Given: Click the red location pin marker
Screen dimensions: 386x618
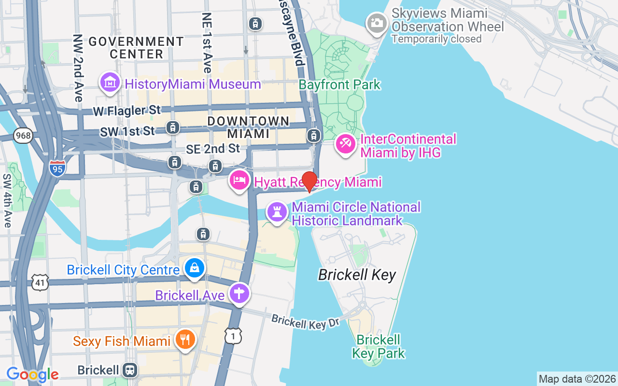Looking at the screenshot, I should [x=309, y=181].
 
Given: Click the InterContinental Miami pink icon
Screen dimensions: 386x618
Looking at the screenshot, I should [x=346, y=144].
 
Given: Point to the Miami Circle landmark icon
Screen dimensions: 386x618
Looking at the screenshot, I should [x=277, y=213].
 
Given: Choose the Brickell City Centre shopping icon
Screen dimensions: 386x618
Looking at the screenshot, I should [x=195, y=268].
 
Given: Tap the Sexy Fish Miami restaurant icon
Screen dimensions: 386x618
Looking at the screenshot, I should [x=184, y=340].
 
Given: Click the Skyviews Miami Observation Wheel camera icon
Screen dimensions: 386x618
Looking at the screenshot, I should [x=377, y=23].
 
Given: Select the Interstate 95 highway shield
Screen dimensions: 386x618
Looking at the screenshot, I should [x=57, y=167].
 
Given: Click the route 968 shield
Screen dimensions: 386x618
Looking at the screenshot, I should [x=23, y=136].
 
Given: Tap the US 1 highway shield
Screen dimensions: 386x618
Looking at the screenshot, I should [x=233, y=335].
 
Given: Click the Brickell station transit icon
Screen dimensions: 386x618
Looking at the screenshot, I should [x=130, y=370].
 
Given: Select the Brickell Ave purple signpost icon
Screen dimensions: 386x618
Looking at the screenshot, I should [x=239, y=293].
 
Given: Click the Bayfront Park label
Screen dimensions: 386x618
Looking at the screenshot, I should [x=339, y=85].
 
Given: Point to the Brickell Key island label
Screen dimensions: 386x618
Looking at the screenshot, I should [x=357, y=275].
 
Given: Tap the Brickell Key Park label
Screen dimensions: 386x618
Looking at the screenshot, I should [x=379, y=346].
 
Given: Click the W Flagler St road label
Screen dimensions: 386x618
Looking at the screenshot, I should [x=126, y=111].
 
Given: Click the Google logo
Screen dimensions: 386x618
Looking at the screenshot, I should [x=32, y=374].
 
